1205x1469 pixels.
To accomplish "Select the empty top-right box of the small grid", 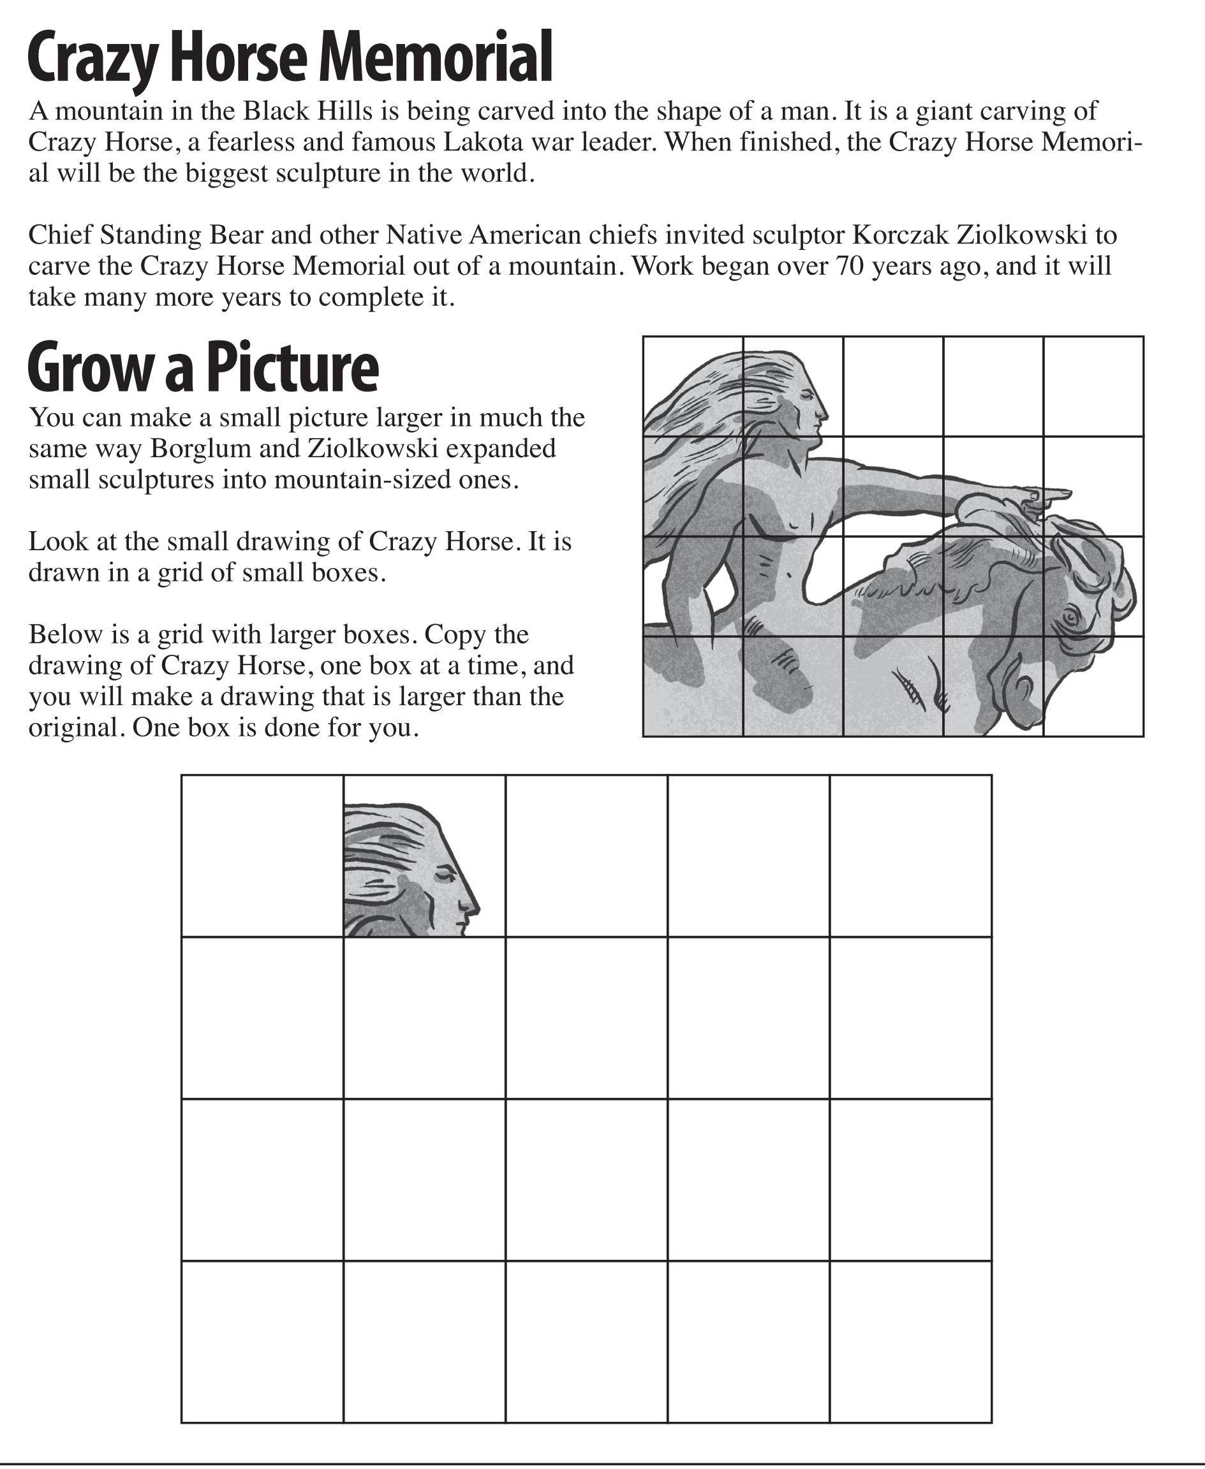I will [x=1093, y=386].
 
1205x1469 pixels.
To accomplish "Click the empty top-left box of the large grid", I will [x=262, y=856].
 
